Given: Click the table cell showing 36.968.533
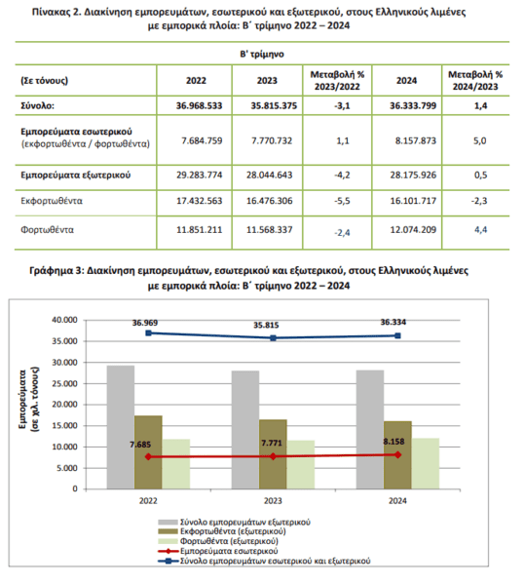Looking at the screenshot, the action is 199,105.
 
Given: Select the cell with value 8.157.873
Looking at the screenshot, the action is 416,140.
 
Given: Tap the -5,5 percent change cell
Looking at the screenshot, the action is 342,201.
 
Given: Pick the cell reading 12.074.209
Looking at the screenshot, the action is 413,229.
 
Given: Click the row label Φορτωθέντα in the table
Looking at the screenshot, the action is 47,229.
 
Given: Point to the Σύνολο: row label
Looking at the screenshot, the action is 37,105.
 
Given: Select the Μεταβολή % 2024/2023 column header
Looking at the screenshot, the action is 475,80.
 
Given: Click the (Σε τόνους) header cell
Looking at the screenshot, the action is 45,80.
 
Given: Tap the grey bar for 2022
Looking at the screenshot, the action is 121,427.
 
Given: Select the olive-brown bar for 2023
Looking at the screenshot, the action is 273,454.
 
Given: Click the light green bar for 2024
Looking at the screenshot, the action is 426,463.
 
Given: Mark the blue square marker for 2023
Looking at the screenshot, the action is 273,338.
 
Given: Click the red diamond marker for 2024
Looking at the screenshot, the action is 398,454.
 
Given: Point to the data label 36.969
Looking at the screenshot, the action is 145,323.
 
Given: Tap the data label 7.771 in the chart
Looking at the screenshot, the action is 272,443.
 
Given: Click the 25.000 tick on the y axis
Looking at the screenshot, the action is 65,383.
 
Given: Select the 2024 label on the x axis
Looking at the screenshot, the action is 397,501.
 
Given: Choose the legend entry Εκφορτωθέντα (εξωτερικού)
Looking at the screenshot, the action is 222,531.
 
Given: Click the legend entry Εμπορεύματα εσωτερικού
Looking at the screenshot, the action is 218,551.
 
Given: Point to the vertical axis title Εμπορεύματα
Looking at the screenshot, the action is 23,400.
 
